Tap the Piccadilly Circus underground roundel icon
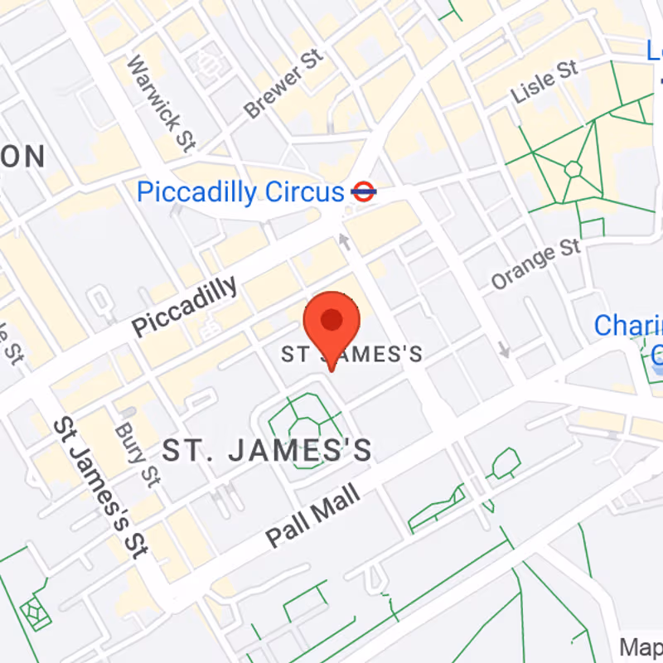tap(364, 192)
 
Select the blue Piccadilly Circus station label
tap(240, 192)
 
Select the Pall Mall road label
tap(313, 516)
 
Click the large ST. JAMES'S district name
tap(267, 451)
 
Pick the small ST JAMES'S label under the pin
tap(352, 355)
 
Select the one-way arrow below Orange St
tap(504, 349)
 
